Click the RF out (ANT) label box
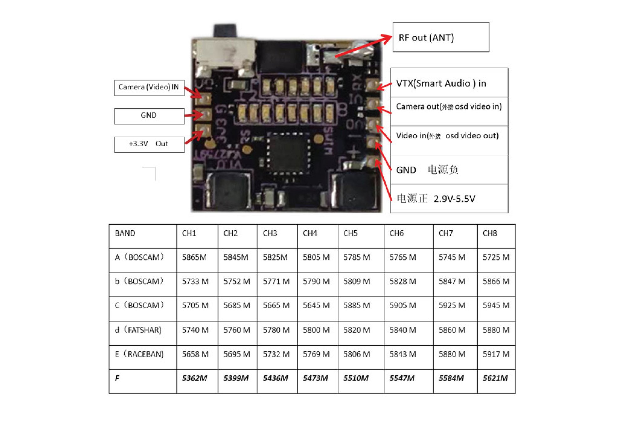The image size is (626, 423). [x=440, y=37]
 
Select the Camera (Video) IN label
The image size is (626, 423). [x=149, y=87]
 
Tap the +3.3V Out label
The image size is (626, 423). [x=149, y=144]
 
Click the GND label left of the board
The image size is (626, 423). [x=149, y=116]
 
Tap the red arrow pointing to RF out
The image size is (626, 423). [x=363, y=47]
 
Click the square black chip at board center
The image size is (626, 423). [x=288, y=153]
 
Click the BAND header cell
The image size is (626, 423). [x=125, y=233]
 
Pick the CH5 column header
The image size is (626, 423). [x=350, y=233]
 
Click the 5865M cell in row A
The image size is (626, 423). [x=194, y=258]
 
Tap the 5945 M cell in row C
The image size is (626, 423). [x=496, y=305]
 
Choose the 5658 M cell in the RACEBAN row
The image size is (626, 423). [x=195, y=354]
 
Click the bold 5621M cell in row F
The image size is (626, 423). [x=495, y=379]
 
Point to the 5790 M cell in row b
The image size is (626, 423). [x=316, y=282]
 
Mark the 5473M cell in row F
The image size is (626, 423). [x=316, y=379]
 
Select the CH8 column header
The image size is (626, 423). [x=490, y=233]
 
